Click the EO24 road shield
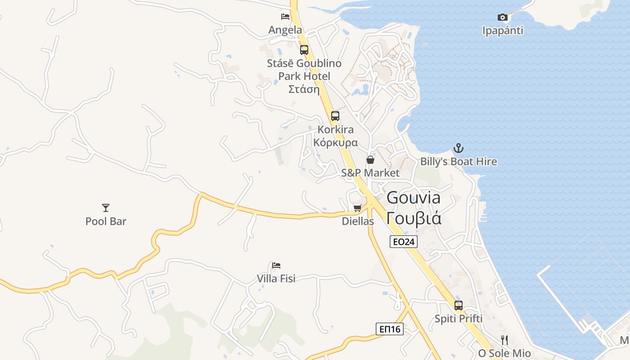(404, 242)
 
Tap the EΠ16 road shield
(390, 329)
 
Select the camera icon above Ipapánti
(503, 18)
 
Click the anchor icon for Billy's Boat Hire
(459, 148)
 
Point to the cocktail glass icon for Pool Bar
(106, 207)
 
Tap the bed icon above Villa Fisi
(276, 265)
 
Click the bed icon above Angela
(285, 17)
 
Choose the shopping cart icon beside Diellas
(357, 208)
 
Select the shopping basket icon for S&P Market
(370, 160)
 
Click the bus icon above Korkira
(335, 116)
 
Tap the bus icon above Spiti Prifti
(459, 306)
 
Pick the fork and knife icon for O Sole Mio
(504, 340)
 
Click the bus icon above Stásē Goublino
(304, 50)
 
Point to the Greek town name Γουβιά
(414, 218)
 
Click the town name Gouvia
(414, 198)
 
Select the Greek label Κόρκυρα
(336, 143)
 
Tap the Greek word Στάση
(304, 89)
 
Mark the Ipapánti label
(503, 31)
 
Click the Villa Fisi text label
(276, 279)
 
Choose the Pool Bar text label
(106, 221)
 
